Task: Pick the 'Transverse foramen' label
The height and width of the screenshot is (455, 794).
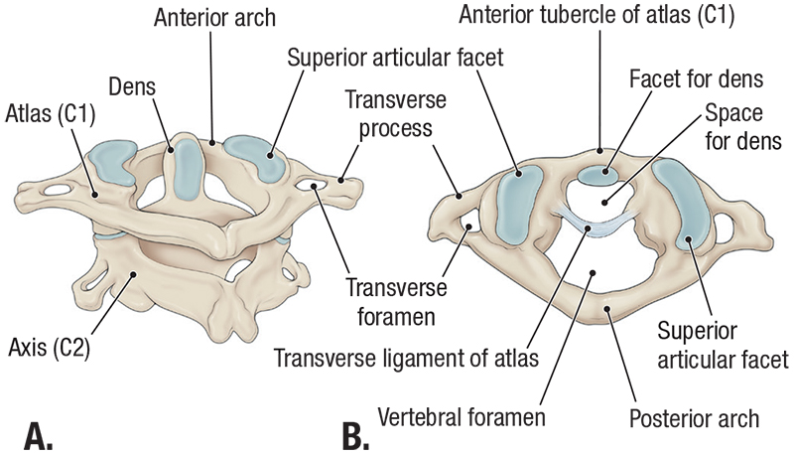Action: coord(386,301)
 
